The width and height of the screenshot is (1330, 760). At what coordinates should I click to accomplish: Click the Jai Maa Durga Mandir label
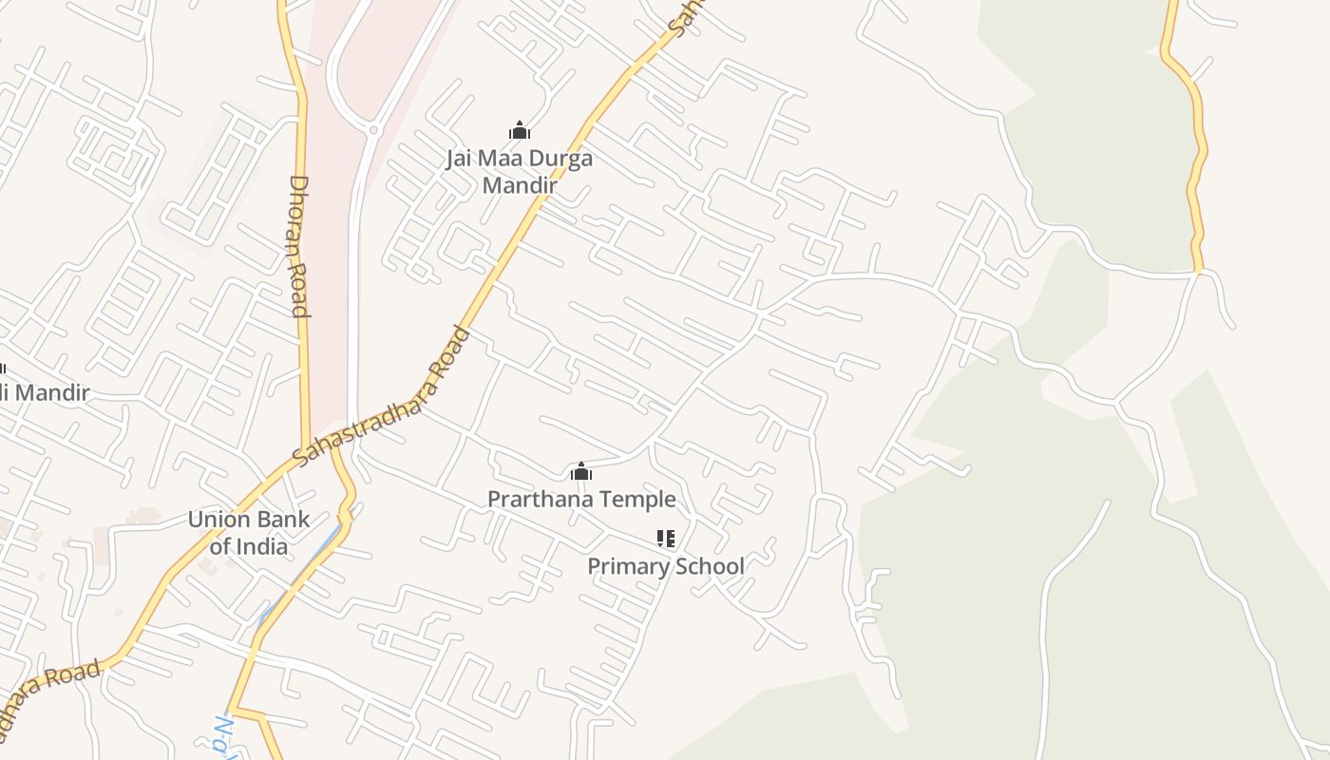519,171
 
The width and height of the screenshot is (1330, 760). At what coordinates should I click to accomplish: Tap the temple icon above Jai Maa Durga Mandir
520,130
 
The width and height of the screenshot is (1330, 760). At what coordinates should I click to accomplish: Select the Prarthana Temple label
581,499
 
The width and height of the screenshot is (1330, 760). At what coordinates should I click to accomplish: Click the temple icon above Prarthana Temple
581,471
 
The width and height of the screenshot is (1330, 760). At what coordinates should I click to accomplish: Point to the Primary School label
665,566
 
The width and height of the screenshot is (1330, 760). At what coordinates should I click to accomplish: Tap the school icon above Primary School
666,539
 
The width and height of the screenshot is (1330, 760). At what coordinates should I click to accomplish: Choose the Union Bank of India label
248,533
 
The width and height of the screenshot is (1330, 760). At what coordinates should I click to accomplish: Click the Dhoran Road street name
299,245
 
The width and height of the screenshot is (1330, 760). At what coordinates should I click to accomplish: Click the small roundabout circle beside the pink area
373,130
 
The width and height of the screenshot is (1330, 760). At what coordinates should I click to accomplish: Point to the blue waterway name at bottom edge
224,736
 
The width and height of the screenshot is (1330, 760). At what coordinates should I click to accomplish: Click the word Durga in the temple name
560,158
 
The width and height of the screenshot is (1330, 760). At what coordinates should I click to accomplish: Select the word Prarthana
538,499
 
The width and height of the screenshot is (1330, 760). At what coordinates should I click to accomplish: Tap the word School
709,566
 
